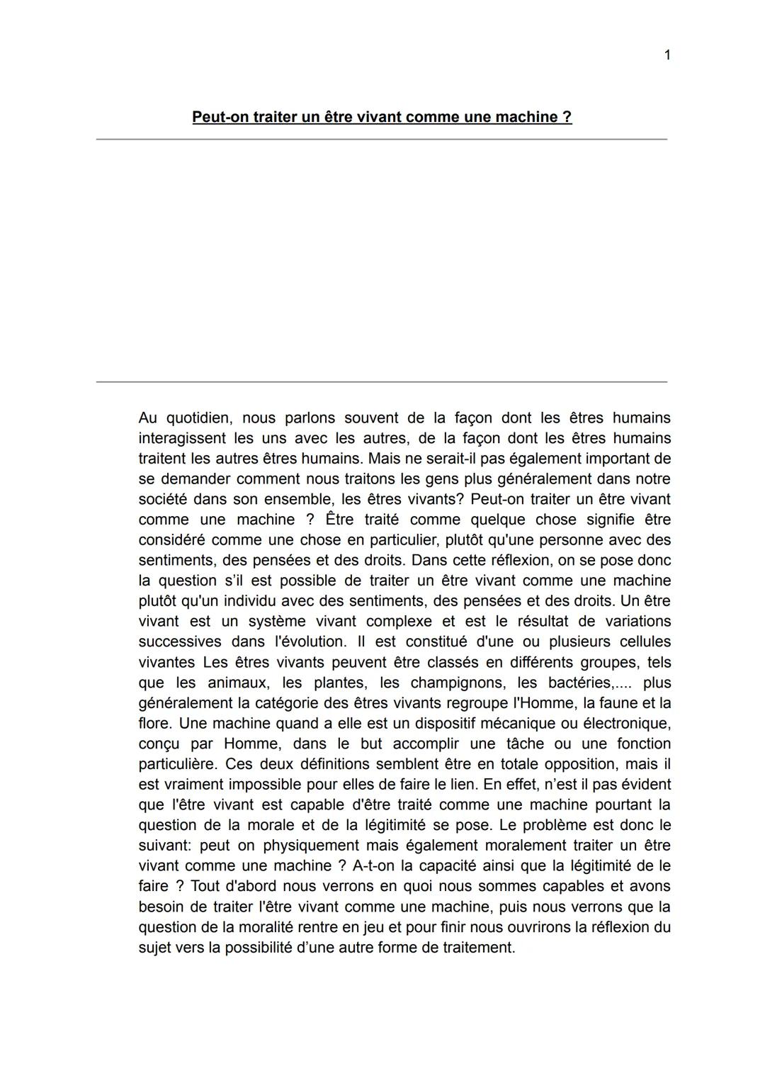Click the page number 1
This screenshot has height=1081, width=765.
point(667,55)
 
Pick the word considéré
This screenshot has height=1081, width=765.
point(171,540)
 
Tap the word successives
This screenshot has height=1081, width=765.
point(180,642)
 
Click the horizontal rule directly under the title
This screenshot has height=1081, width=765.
point(382,140)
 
